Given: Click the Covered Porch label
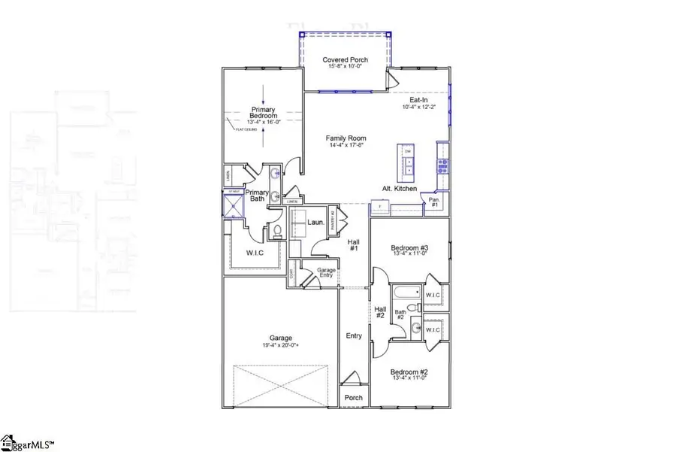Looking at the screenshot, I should (x=345, y=59).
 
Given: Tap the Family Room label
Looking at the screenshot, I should (x=346, y=138).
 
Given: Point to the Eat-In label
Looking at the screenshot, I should (x=418, y=99).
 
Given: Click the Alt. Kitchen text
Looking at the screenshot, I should (x=399, y=189).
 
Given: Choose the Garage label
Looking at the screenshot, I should (x=282, y=338).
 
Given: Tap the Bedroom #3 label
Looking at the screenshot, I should (x=409, y=247).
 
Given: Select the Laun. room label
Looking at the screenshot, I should (x=315, y=222).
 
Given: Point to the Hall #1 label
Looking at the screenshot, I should (x=353, y=245).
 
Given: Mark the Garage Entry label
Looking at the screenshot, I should (x=326, y=272).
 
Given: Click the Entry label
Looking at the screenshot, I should (x=353, y=335).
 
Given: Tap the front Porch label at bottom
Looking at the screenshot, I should (x=353, y=398).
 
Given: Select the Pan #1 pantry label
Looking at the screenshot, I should (x=433, y=201).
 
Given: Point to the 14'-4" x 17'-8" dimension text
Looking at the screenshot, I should (x=346, y=145).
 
